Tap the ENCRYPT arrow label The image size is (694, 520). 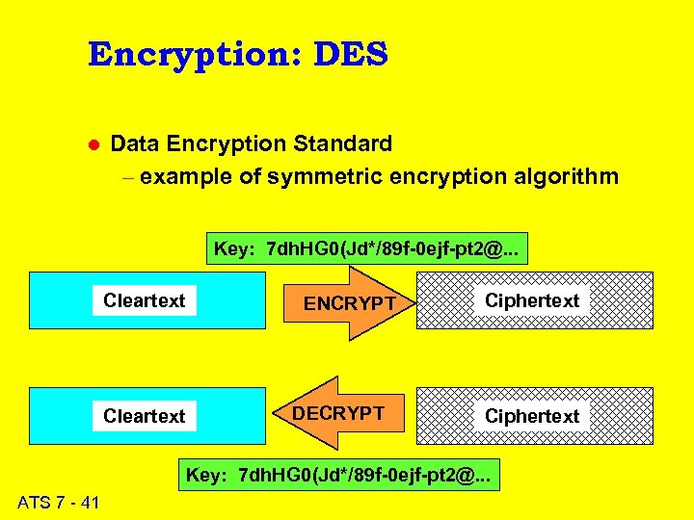click(350, 303)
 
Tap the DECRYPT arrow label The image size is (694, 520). click(338, 414)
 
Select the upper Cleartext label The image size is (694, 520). click(145, 300)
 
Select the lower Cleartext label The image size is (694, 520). click(145, 416)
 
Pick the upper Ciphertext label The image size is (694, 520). click(532, 300)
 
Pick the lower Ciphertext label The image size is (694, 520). click(532, 416)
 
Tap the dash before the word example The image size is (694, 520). click(129, 178)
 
